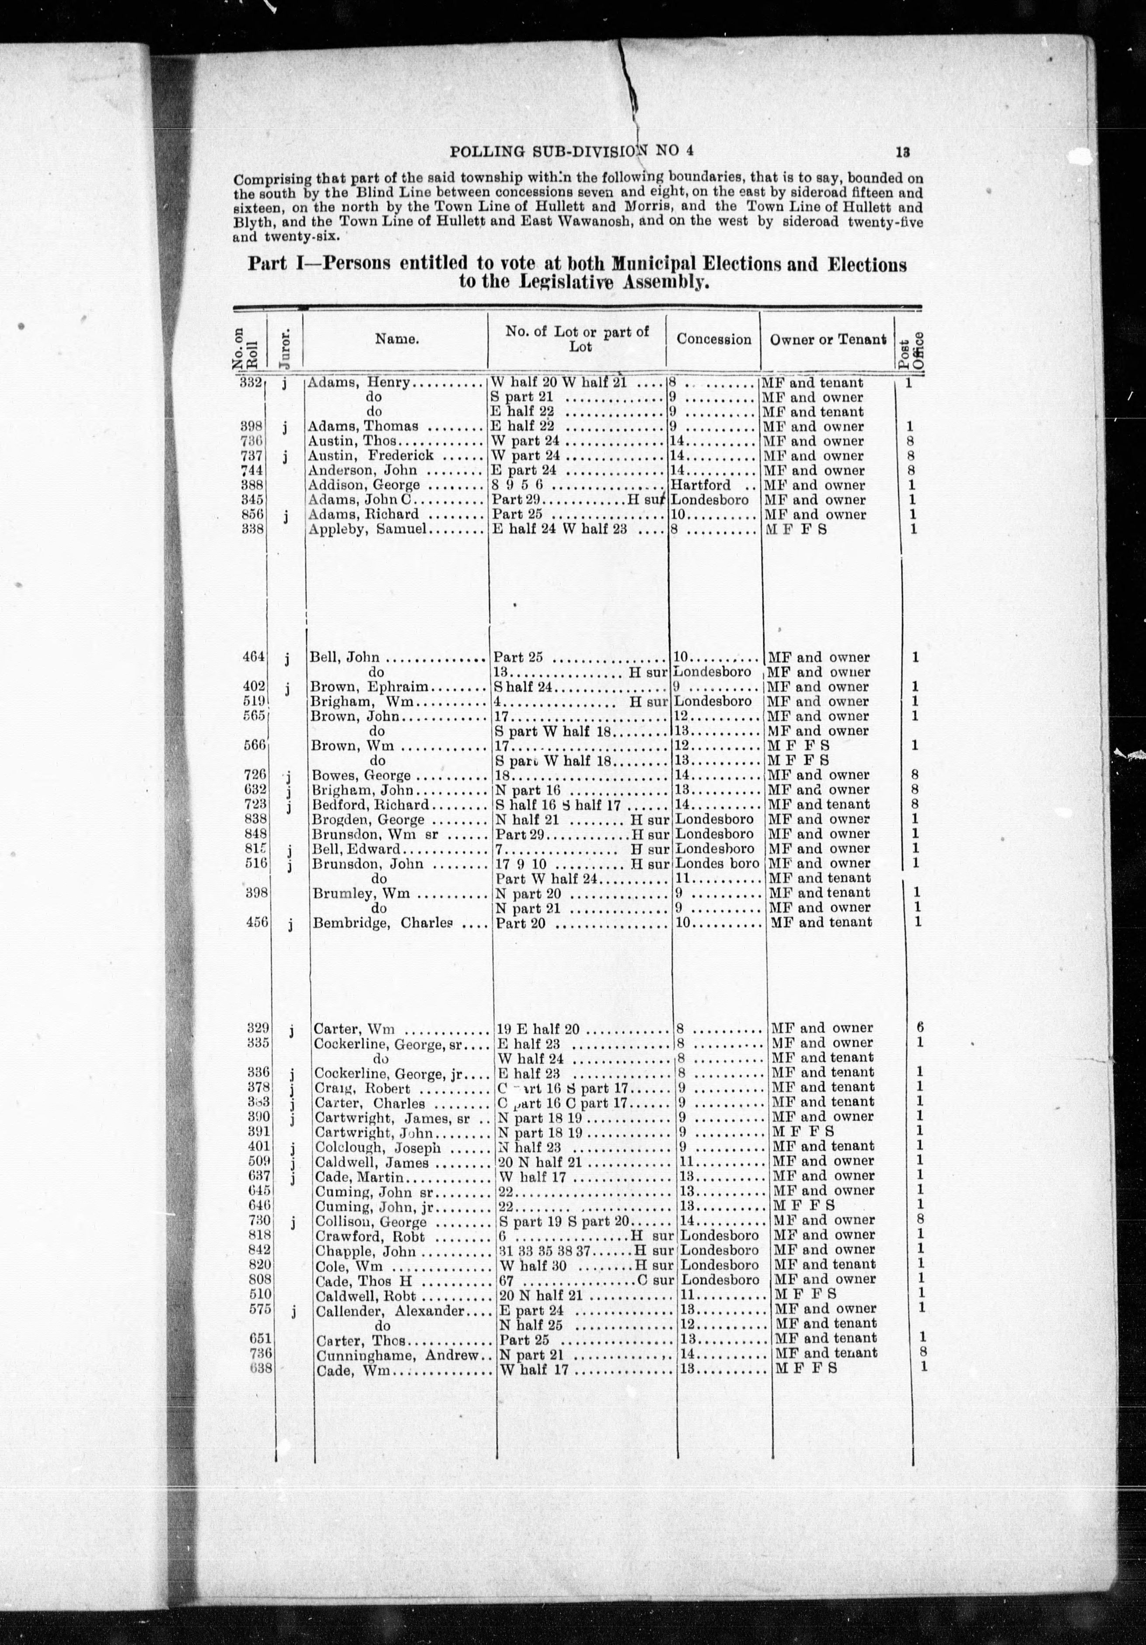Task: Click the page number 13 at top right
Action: coord(902,152)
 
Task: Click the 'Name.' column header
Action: coord(397,339)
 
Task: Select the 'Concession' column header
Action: coord(713,339)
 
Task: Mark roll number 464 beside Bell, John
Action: coord(255,658)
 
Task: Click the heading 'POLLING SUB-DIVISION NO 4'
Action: coord(571,151)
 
